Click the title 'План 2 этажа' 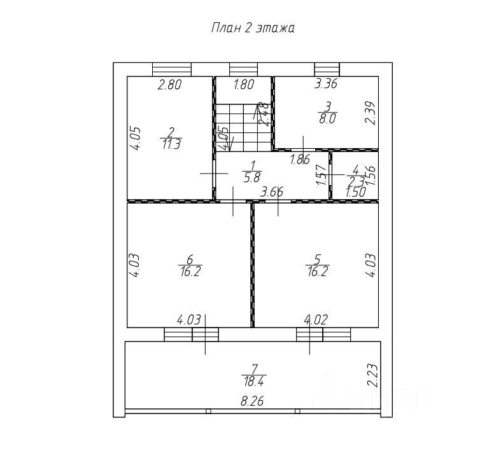point(252,29)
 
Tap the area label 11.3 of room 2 point(171,144)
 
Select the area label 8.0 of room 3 point(328,118)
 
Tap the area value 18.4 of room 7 point(253,382)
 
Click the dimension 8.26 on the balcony point(253,401)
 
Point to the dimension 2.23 point(374,375)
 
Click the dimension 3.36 point(326,83)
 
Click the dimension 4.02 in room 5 point(316,320)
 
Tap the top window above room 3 point(327,69)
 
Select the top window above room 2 point(172,69)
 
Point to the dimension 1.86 point(300,160)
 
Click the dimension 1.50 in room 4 point(355,191)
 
